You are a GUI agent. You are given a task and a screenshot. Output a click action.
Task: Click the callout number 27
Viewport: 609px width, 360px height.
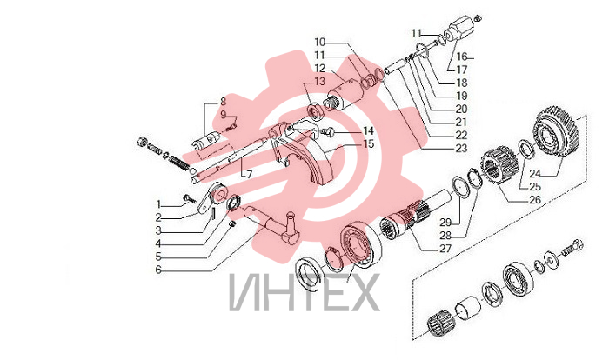point(445,249)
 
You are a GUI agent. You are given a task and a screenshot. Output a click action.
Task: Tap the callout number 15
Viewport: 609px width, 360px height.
point(369,144)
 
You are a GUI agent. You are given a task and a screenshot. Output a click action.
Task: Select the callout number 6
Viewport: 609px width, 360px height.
point(158,270)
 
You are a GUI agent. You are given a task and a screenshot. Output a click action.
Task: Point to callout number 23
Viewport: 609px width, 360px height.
point(461,149)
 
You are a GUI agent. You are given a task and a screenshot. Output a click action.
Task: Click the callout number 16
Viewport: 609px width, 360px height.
point(461,57)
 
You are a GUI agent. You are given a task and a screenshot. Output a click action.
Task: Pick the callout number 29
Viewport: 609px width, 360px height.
point(445,223)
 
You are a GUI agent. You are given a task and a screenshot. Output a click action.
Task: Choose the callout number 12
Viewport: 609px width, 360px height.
point(319,69)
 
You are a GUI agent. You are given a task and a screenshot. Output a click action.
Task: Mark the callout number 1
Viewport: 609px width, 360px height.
point(158,204)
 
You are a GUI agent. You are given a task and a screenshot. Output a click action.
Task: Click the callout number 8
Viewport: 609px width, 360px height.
point(223,102)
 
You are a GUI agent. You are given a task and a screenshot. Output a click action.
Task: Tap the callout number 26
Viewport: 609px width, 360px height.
point(535,200)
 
